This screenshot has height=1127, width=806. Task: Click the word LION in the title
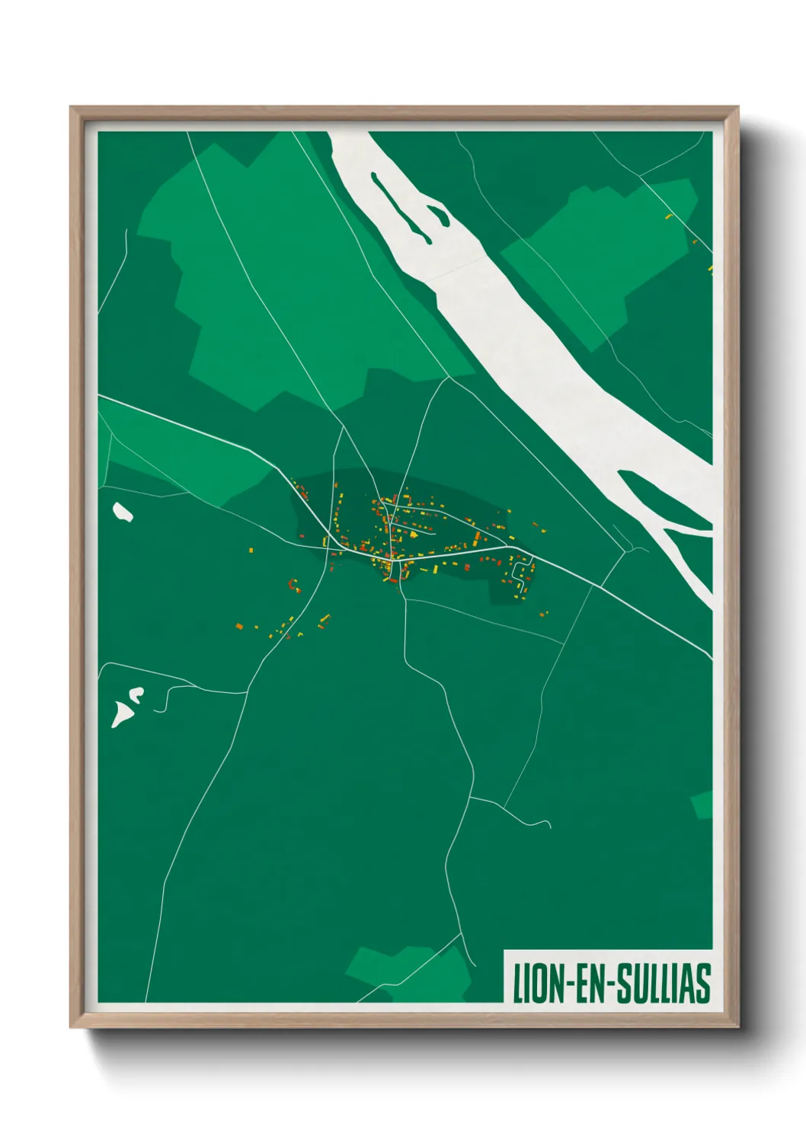(x=537, y=983)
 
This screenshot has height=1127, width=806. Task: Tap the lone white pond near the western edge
(x=122, y=512)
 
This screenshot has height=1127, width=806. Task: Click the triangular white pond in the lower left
(x=120, y=714)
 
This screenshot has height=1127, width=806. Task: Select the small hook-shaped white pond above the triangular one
(x=136, y=694)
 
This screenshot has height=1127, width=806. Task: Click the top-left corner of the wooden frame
(x=72, y=108)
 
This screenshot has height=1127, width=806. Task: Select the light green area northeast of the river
(x=602, y=251)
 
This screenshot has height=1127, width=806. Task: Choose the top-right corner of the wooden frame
(x=737, y=108)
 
